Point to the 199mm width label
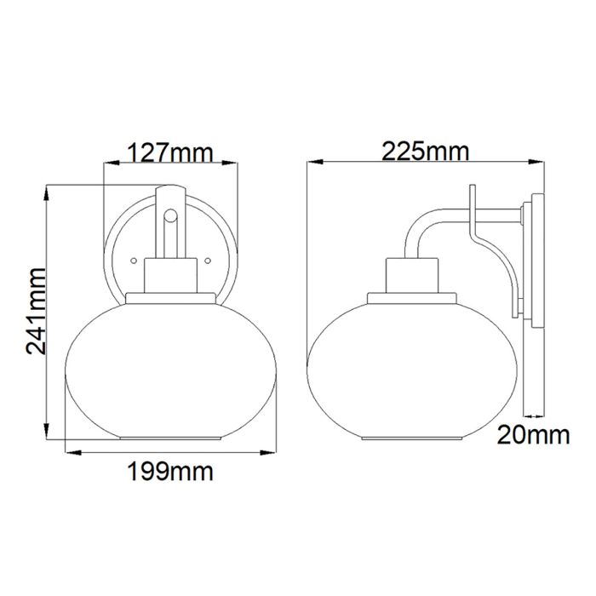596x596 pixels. point(170,470)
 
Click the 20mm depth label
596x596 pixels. point(533,437)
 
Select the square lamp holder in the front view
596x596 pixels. point(170,274)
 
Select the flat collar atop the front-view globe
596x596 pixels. point(170,298)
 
